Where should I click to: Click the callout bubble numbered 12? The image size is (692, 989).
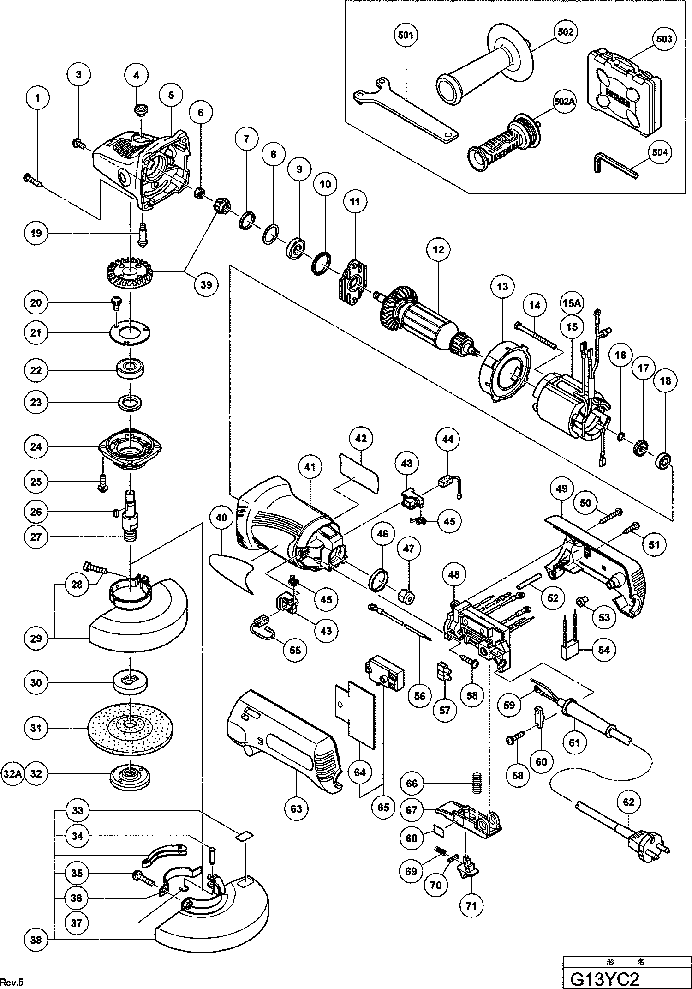tap(438, 250)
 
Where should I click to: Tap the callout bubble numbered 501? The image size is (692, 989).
tap(406, 35)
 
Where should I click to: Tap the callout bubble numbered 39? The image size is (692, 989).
tap(206, 285)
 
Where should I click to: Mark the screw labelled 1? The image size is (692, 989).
tap(33, 180)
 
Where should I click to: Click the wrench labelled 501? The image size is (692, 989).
tap(406, 115)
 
